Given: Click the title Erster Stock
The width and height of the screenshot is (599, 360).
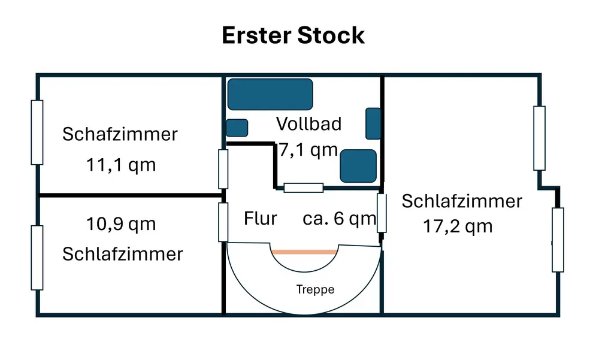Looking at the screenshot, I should tap(293, 35).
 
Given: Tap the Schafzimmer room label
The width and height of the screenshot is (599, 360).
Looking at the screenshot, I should tap(120, 134).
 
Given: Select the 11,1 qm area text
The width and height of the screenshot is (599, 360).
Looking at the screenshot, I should tap(121, 165).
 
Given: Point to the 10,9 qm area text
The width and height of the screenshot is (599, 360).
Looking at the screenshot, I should tap(121, 224).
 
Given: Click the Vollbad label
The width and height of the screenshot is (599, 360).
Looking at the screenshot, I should tap(308, 124).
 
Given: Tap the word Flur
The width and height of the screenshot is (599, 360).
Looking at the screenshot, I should tap(261, 219).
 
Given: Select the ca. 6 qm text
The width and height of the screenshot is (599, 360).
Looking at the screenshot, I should tap(339, 219).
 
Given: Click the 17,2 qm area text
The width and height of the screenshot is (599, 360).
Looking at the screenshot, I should tap(458, 226).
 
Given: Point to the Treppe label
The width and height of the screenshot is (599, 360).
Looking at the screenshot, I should tap(315, 290).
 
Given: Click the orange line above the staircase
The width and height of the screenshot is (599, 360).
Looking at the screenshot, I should tap(304, 252).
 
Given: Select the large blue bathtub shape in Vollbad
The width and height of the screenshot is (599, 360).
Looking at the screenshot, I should tap(270, 94).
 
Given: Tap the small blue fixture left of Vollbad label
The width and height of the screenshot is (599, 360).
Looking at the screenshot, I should tap(237, 128).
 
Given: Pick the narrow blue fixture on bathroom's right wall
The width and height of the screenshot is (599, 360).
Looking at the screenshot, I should tap(373, 123).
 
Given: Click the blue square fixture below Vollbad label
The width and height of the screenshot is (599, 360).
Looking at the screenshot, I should tap(358, 166).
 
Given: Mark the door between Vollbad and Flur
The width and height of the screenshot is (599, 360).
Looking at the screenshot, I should tap(303, 187).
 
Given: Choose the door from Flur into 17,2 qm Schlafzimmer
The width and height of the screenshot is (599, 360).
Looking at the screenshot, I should tap(381, 213).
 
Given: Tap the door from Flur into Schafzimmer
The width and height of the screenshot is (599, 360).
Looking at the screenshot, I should tap(223, 169).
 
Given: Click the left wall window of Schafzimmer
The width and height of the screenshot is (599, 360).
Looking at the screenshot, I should tap(37, 132).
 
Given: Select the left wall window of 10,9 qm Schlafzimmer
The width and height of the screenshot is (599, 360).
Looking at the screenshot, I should tap(37, 258).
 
